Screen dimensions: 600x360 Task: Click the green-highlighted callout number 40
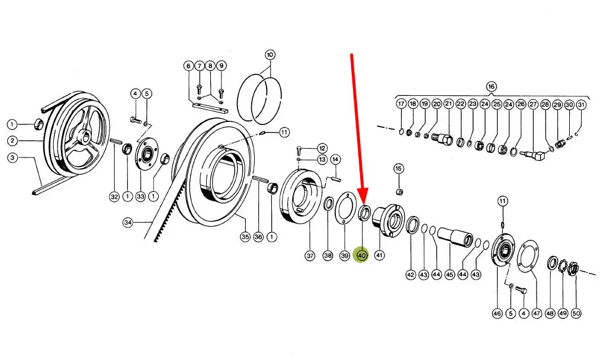click(362, 255)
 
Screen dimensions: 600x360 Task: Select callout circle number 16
click(492, 86)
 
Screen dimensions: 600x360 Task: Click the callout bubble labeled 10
click(269, 54)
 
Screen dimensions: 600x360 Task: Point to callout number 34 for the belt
click(128, 222)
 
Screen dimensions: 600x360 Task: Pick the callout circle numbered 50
click(576, 313)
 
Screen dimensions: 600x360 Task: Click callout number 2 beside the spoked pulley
click(12, 141)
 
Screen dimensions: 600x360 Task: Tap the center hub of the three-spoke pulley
click(85, 136)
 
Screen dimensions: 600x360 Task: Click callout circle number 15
click(399, 169)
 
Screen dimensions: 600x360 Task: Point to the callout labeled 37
click(310, 255)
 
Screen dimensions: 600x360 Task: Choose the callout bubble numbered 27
click(533, 104)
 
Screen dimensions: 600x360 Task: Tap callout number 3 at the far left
click(12, 157)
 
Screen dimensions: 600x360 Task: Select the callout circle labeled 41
click(379, 255)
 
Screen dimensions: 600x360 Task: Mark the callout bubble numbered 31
click(581, 104)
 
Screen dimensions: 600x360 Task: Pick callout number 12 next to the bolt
click(322, 149)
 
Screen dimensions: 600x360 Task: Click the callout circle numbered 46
click(497, 313)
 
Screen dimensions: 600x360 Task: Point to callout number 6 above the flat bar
click(188, 66)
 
